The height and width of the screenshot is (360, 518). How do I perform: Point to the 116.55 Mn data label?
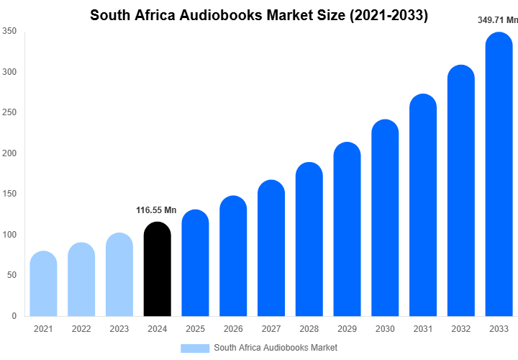click(156, 210)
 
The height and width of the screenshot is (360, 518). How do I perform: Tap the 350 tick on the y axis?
click(9, 32)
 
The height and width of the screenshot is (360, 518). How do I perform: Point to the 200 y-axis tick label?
click(9, 153)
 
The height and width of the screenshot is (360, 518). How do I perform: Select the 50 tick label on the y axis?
click(12, 276)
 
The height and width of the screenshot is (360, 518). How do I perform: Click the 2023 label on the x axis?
click(119, 329)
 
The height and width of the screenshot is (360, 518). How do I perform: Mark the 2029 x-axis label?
click(347, 329)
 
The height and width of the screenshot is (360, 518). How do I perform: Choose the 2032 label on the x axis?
click(461, 329)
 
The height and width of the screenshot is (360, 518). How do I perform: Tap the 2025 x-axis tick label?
click(195, 329)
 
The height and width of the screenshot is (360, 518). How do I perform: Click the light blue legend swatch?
click(194, 348)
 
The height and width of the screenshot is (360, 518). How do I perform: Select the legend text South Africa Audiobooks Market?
click(276, 348)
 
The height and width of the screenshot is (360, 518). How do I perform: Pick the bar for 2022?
click(81, 280)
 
